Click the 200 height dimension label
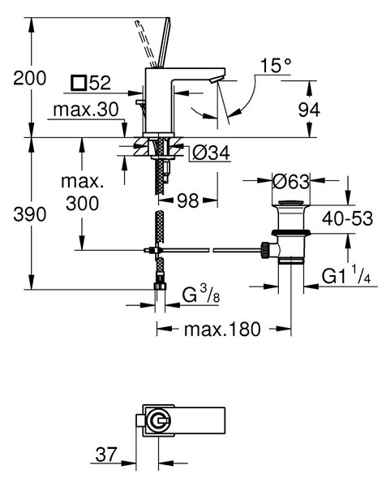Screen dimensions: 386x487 30,78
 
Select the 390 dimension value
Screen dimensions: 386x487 30,214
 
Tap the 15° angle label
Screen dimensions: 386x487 276,65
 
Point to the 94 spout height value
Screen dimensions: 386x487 309,110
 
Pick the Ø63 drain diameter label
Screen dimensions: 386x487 291,182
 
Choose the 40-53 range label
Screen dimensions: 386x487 347,218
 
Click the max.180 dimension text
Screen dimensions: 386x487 222,330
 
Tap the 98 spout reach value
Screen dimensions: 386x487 188,201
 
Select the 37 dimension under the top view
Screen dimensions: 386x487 106,455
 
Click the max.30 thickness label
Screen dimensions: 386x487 86,110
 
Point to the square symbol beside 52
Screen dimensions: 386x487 78,83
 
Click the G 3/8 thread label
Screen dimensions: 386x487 201,295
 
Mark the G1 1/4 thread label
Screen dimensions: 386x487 345,275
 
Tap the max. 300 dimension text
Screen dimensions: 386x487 82,193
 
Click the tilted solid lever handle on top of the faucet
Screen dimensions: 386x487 164,43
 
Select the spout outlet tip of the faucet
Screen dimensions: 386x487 214,80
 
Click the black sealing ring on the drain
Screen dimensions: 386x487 291,232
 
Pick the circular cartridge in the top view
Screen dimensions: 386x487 158,421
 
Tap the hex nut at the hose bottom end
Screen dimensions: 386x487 160,286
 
